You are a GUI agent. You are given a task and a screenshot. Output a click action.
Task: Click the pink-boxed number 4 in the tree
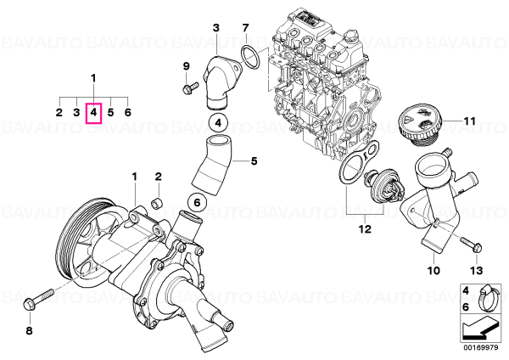point(93,113)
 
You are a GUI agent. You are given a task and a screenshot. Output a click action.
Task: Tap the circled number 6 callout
point(197,203)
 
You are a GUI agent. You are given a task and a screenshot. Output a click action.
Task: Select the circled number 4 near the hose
point(218,123)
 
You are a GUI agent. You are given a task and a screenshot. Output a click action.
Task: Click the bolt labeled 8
point(37,300)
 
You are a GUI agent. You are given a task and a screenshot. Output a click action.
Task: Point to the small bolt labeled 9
point(190,87)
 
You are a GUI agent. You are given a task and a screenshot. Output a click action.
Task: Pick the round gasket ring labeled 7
point(250,58)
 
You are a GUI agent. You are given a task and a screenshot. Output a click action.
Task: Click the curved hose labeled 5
point(213,166)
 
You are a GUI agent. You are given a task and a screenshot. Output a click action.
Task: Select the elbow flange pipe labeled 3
point(221,82)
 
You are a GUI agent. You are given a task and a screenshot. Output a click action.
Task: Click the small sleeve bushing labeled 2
point(157,204)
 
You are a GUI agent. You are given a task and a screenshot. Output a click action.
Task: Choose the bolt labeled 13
point(471,245)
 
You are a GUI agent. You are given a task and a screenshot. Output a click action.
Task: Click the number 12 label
point(365,229)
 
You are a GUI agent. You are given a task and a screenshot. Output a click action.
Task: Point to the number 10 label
point(434,270)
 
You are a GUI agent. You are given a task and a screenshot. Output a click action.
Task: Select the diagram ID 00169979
point(480,347)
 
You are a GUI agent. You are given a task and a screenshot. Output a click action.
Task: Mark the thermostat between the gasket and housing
point(385,186)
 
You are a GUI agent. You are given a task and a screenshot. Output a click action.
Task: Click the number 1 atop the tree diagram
point(93,78)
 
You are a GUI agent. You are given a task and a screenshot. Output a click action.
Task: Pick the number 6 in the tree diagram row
point(128,113)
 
